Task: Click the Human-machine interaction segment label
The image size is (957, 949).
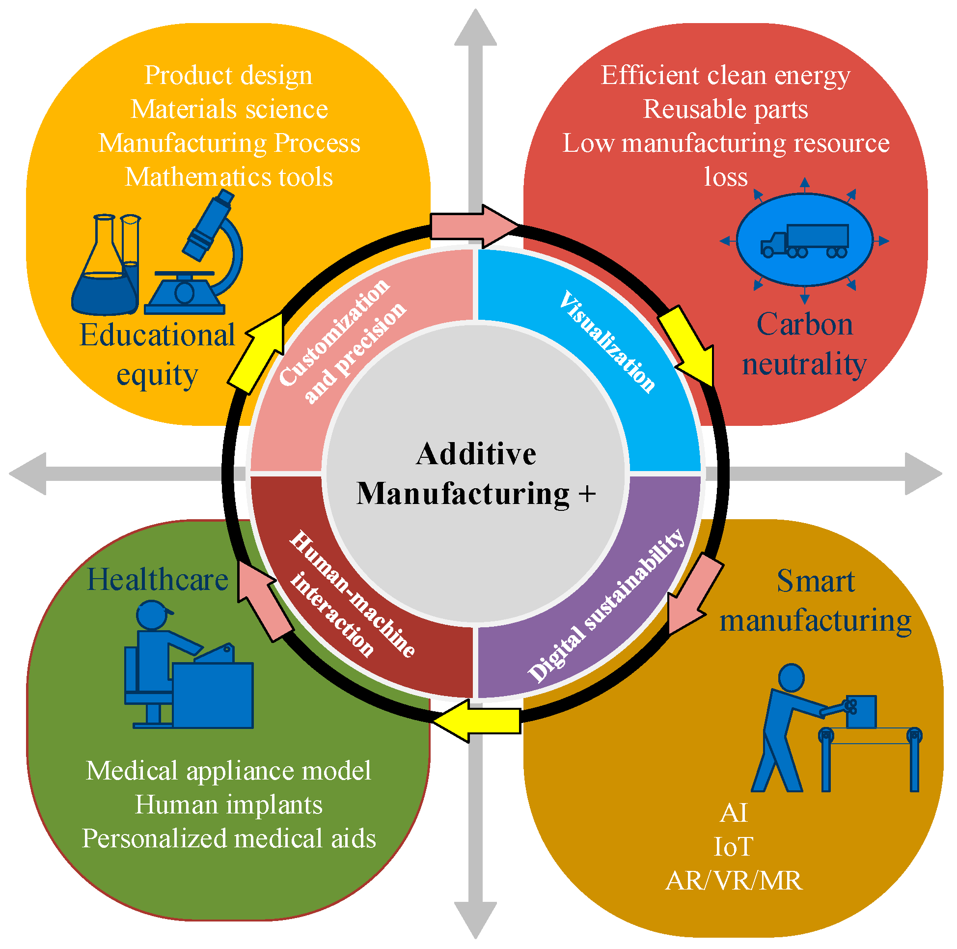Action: point(352,595)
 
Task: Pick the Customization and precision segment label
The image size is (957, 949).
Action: point(342,341)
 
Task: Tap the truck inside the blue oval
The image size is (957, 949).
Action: point(805,242)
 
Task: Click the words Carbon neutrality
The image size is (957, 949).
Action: point(805,345)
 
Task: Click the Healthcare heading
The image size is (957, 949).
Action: point(158,580)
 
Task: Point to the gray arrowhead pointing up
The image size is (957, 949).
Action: point(476,30)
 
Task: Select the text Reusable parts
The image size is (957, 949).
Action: point(726,109)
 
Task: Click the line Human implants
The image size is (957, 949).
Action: point(229,805)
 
